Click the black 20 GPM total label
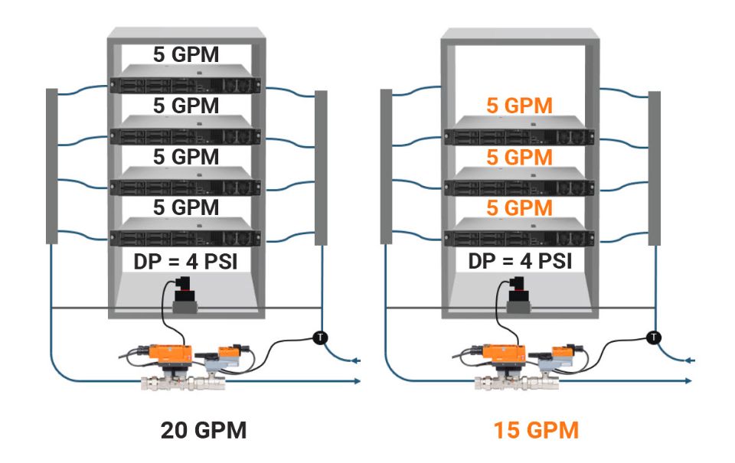(x=204, y=430)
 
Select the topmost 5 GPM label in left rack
(x=185, y=55)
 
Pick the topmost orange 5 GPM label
(x=519, y=106)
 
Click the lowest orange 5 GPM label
(x=519, y=207)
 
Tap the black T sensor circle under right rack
(x=653, y=336)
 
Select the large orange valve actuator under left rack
(x=170, y=353)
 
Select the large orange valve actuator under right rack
(x=505, y=353)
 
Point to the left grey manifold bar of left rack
(x=52, y=165)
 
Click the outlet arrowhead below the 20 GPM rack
(x=358, y=380)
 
